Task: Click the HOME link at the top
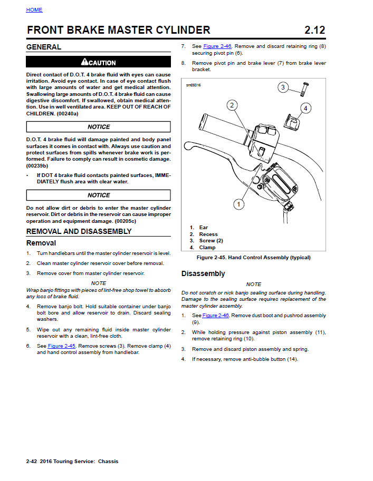34,10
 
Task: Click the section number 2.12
314,30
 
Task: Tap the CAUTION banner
99,63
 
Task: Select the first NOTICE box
99,127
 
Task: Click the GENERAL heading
44,47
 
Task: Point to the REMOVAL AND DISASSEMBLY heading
79,231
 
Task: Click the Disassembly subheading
203,273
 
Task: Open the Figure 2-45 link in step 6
62,346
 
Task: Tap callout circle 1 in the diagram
238,203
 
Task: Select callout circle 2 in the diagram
232,105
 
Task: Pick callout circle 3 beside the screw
283,87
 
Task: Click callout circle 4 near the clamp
305,108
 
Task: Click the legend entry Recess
208,234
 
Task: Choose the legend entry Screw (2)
211,241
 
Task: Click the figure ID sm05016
193,85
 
